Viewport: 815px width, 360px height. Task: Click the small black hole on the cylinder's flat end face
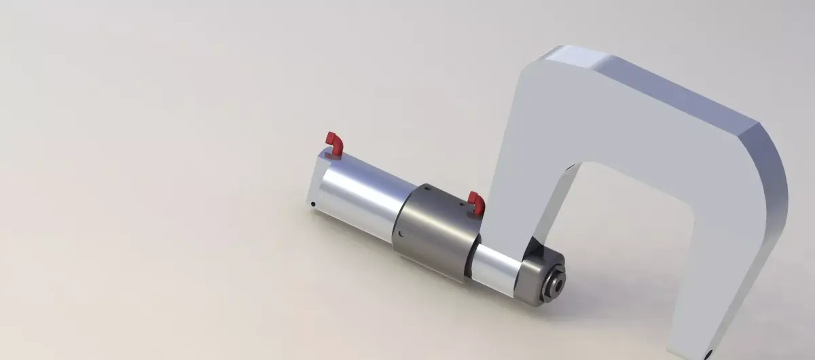tap(312, 202)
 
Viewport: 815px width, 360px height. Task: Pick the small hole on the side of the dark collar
tap(401, 234)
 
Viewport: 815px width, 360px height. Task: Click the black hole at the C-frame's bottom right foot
tap(708, 353)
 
